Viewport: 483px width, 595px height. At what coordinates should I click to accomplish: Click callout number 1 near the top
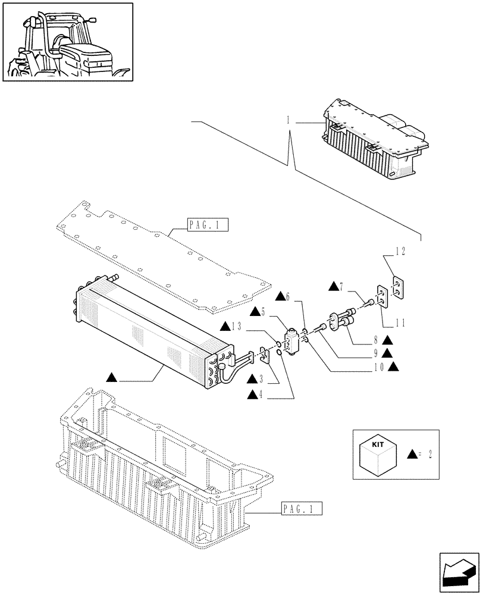(288, 120)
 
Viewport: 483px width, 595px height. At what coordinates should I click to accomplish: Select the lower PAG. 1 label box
(300, 509)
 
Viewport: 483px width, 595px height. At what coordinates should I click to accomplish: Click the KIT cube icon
(378, 455)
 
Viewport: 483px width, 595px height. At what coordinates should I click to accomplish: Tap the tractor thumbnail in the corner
(67, 42)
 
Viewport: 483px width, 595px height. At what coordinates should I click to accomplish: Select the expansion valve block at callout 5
(293, 343)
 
